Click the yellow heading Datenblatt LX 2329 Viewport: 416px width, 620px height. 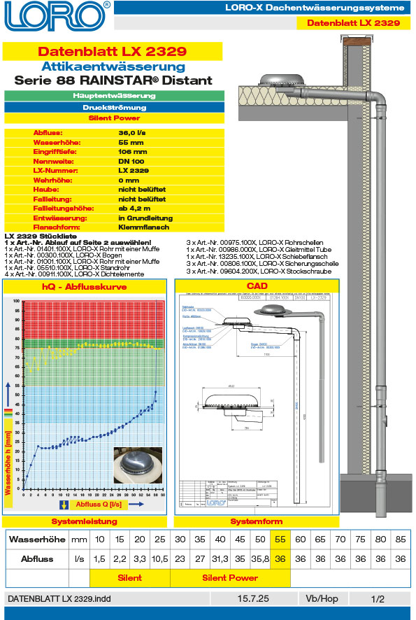[112, 51]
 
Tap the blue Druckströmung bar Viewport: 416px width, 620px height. [114, 108]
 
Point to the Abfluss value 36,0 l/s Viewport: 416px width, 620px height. [133, 132]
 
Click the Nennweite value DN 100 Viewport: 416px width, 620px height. [132, 160]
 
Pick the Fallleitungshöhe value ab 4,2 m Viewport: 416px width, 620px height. [135, 209]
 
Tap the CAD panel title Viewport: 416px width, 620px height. [257, 286]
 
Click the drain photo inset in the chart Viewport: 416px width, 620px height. [137, 465]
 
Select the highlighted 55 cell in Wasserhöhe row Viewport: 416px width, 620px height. [280, 540]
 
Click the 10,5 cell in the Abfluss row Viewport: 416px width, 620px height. [160, 559]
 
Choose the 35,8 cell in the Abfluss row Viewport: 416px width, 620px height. [260, 559]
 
